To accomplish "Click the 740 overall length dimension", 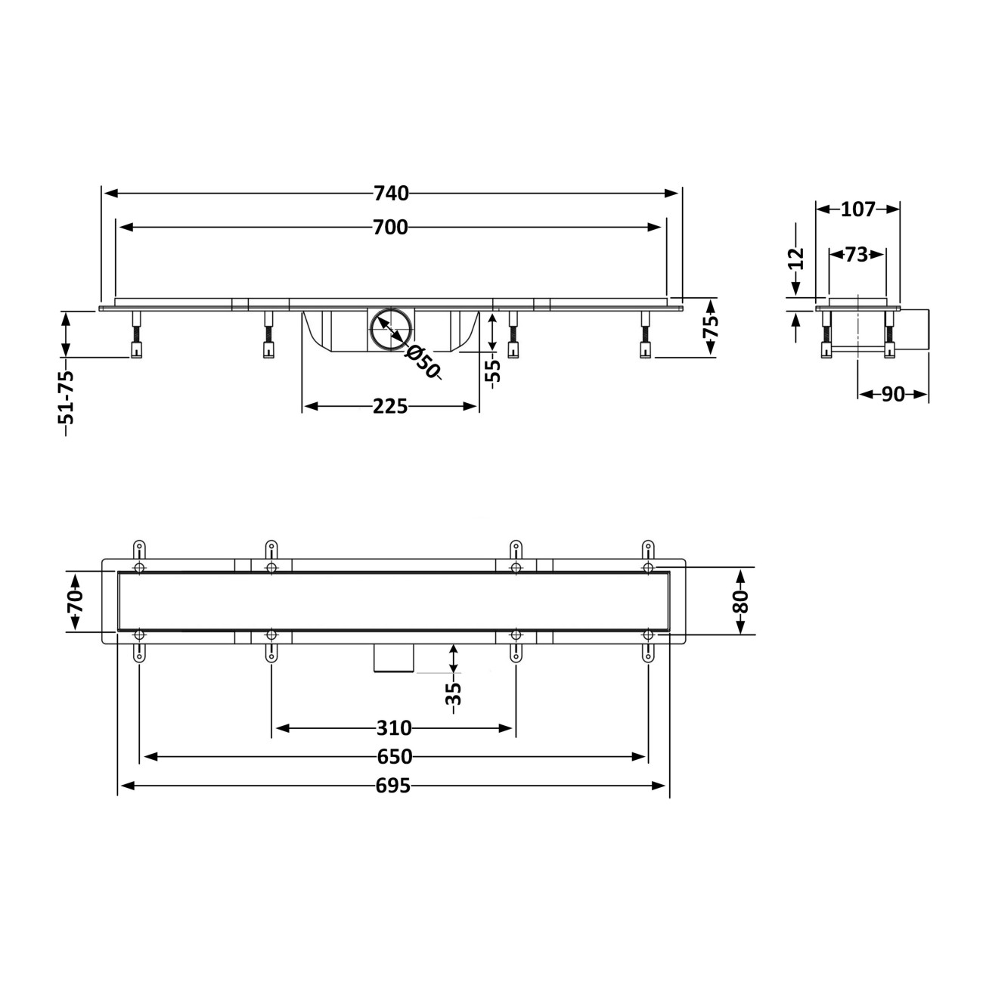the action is point(391,194).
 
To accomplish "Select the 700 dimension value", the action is point(390,228).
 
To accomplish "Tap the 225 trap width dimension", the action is point(390,406).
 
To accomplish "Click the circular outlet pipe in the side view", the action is point(391,330).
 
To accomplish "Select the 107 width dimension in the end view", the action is point(858,209).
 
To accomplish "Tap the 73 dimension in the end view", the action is point(857,254).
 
